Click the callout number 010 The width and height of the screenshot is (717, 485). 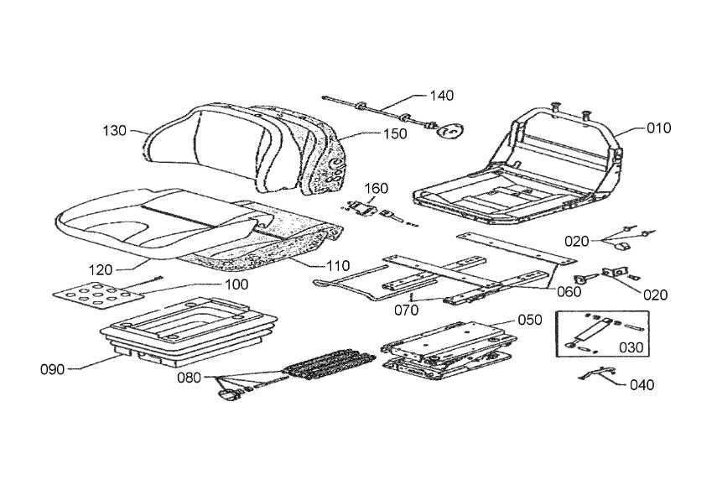(x=658, y=128)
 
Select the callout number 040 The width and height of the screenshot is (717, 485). (x=642, y=385)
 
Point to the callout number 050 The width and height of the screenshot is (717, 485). (x=530, y=320)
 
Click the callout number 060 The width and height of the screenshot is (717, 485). (x=568, y=292)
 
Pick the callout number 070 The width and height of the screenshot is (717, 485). (x=407, y=309)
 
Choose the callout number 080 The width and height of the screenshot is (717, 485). (x=189, y=377)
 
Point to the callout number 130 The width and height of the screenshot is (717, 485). (x=116, y=130)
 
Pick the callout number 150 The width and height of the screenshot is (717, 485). (x=394, y=133)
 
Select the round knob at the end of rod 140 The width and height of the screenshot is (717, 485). (x=454, y=131)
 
